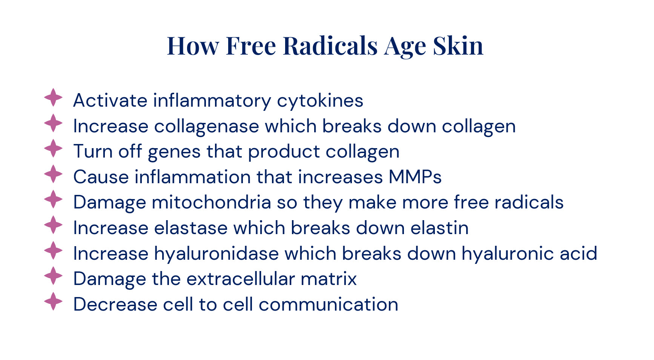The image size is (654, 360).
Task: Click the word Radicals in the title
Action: [x=330, y=46]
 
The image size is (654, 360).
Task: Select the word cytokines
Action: [x=320, y=101]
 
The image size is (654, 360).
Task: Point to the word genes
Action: [x=174, y=152]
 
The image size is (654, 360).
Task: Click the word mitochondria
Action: [x=211, y=202]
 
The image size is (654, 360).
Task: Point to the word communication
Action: [x=329, y=305]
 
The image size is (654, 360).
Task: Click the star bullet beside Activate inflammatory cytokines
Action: [x=53, y=98]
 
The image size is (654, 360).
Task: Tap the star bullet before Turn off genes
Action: [x=53, y=149]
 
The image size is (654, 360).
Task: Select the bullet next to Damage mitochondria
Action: [x=53, y=199]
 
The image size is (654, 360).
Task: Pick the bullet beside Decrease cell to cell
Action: [x=53, y=302]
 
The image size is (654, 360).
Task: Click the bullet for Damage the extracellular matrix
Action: [x=53, y=276]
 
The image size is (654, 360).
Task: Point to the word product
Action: [x=284, y=152]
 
